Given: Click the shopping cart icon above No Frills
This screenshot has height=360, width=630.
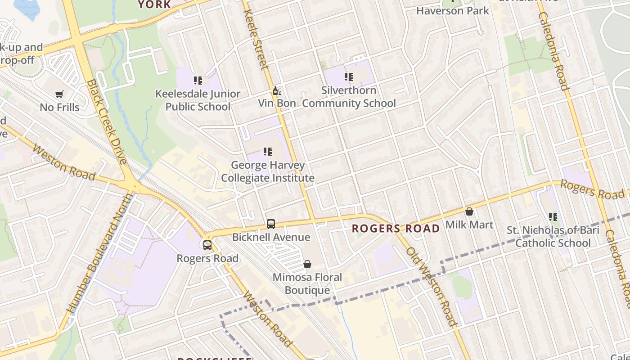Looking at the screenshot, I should tap(59, 94).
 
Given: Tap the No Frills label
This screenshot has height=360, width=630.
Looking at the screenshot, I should tap(59, 108).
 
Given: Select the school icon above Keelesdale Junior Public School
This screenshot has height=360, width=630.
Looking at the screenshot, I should tap(198, 81).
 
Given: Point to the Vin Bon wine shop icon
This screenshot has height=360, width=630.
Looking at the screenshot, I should tap(277, 90).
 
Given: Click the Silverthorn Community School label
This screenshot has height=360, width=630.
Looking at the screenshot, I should tap(349, 97).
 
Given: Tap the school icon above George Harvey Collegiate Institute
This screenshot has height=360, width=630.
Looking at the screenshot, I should tap(268, 152).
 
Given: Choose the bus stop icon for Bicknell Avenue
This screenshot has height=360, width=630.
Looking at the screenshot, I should tap(271, 224).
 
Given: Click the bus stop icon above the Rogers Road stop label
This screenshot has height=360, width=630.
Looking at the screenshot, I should tap(207, 245).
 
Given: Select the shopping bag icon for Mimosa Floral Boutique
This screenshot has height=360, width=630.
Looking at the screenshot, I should tap(307, 264).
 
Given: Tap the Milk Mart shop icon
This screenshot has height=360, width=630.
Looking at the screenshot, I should tap(469, 211).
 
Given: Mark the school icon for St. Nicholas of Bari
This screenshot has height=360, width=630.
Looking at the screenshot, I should tap(553, 217).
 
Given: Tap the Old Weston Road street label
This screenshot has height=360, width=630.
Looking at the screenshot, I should tap(432, 286).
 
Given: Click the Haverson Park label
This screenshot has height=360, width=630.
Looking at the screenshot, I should tap(452, 11).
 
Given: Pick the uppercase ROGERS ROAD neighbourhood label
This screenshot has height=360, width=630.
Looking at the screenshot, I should tap(396, 228).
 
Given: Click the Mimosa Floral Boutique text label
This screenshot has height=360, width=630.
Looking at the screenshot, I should tap(307, 284).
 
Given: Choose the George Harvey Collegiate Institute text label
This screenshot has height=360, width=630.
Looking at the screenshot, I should tap(268, 171).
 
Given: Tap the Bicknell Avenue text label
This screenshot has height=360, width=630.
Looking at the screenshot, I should tap(271, 237).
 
